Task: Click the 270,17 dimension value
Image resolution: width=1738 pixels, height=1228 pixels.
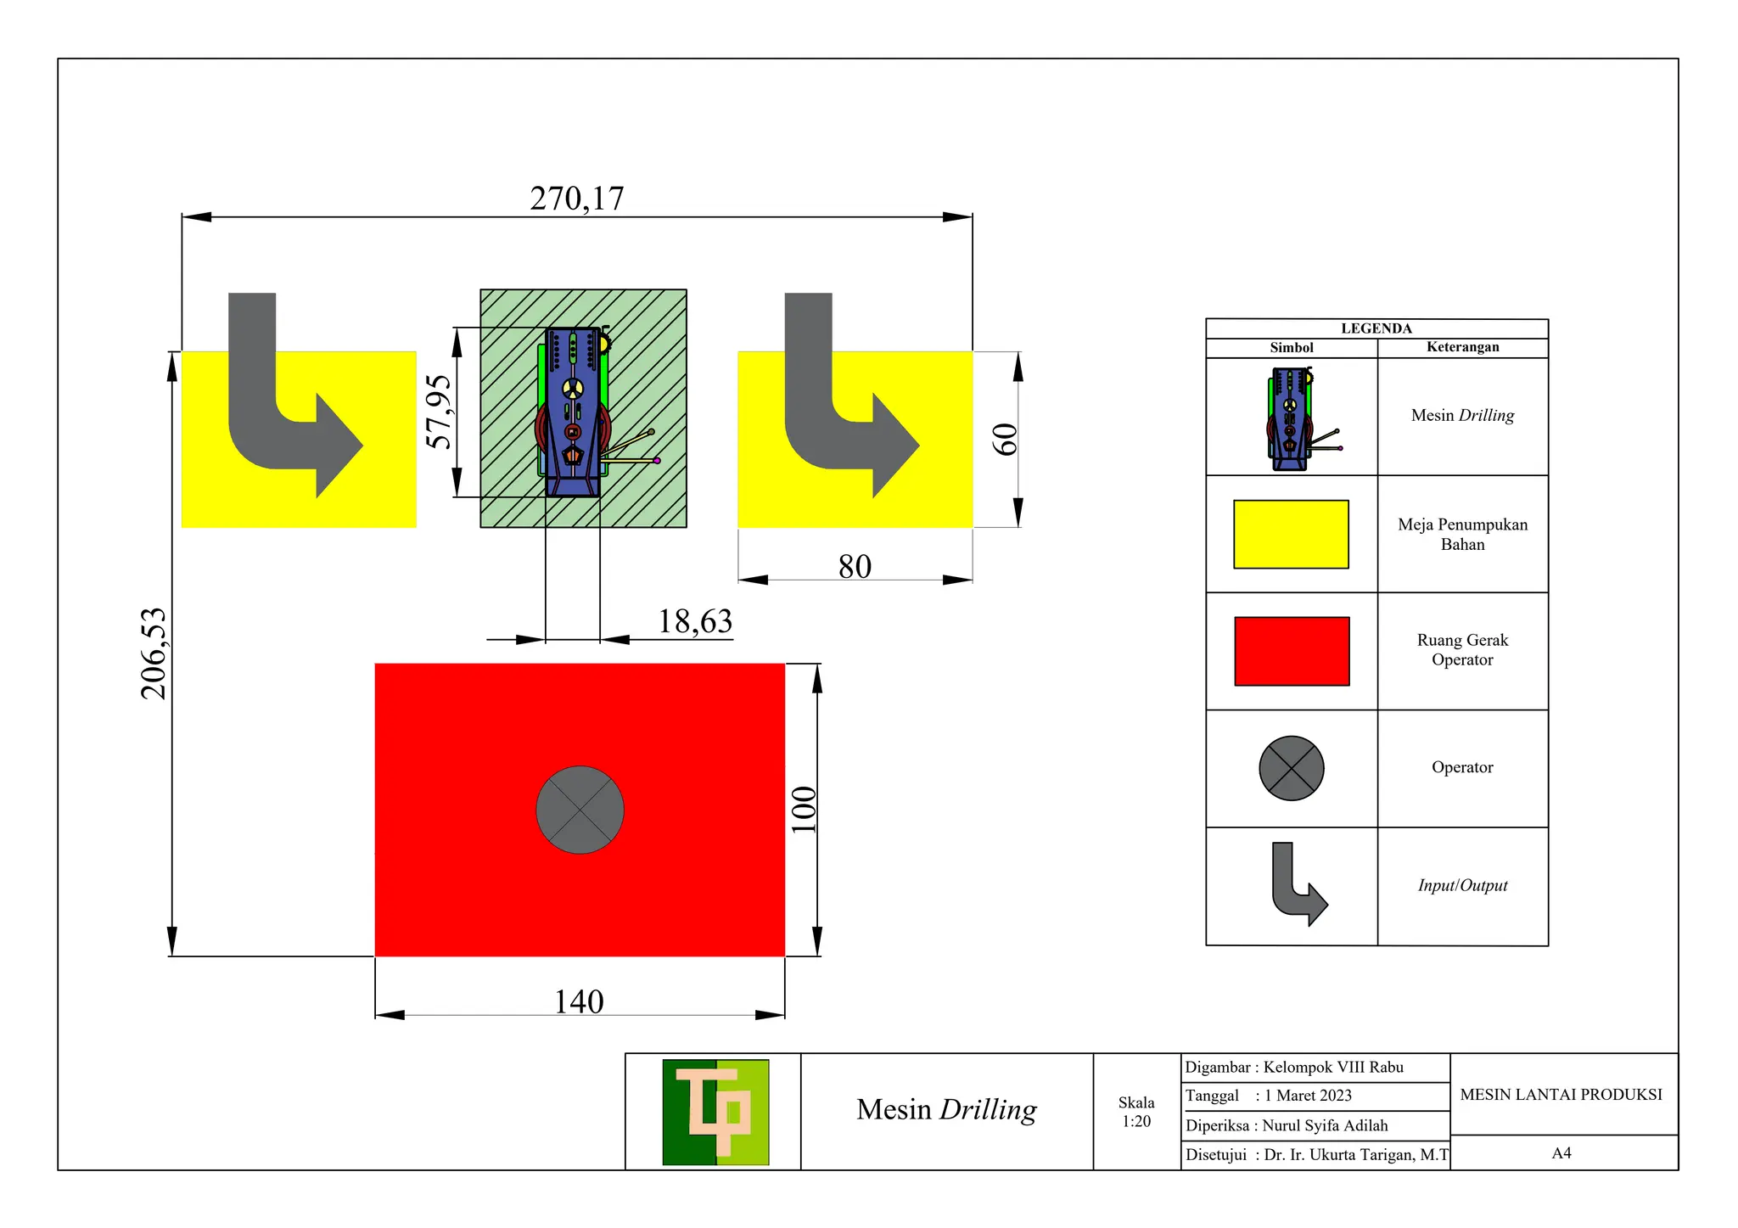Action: coord(576,199)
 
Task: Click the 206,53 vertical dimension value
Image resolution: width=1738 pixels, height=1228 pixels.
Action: coord(154,653)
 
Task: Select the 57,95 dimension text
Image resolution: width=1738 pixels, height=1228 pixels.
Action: coord(439,412)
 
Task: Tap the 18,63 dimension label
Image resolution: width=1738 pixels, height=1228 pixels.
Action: coord(695,621)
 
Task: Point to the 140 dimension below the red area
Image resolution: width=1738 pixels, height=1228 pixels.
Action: coord(579,1001)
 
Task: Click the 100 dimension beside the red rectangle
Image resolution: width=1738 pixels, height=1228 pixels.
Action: coord(803,810)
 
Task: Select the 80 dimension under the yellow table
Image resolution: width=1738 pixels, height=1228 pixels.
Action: coord(855,566)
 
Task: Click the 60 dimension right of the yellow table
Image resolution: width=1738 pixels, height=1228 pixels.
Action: coord(1005,439)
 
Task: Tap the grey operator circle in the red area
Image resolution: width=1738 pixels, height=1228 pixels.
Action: coord(580,810)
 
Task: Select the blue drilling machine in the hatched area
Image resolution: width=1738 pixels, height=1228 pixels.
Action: coord(573,412)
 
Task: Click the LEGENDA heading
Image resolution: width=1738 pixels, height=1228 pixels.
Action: coord(1376,328)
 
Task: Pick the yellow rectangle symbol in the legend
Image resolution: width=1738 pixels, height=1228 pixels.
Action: coord(1291,534)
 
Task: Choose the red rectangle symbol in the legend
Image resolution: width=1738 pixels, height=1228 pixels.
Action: coord(1291,651)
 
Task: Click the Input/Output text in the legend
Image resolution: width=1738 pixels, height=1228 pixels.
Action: coord(1462,885)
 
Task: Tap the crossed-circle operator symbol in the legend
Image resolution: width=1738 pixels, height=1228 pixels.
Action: coord(1291,768)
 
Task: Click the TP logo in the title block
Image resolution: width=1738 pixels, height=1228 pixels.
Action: coord(715,1112)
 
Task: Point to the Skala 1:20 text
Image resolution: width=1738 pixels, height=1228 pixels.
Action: coord(1136,1112)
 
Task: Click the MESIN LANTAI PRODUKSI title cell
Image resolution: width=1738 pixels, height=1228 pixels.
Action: coord(1561,1095)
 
